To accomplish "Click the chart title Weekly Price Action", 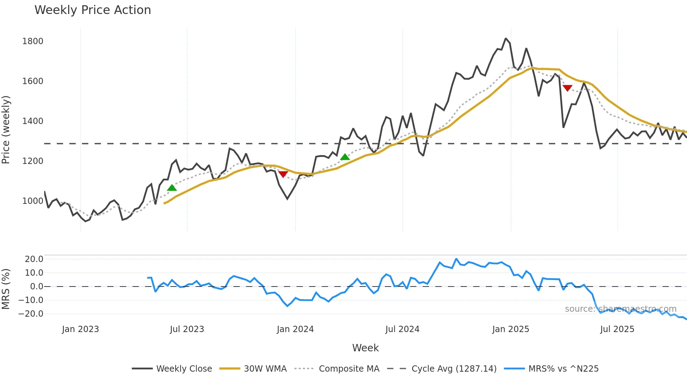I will point(93,10).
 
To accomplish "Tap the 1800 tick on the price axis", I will point(33,41).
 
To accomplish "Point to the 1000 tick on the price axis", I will point(33,201).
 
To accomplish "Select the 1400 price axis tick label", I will point(33,121).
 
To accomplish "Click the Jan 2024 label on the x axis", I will point(295,329).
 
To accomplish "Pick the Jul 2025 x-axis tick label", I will point(617,329).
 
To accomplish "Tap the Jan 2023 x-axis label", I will point(80,329).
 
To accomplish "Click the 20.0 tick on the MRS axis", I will point(34,259).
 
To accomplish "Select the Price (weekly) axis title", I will point(6,130).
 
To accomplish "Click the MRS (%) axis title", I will point(6,289).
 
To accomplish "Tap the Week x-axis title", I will point(365,348).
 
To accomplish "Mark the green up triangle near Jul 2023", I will point(172,188).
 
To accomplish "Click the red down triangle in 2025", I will point(567,88).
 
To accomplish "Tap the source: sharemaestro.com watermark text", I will point(620,309).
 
